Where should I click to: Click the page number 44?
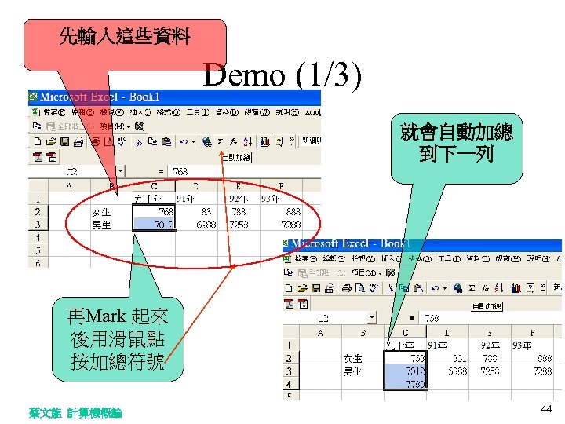click(x=546, y=410)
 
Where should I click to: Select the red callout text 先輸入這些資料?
click(x=125, y=36)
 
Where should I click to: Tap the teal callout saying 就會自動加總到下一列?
click(x=456, y=142)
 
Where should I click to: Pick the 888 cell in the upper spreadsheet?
click(x=293, y=211)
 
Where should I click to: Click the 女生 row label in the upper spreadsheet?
click(x=101, y=211)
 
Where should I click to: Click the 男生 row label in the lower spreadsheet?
click(x=352, y=371)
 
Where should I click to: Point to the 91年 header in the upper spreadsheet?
click(x=187, y=198)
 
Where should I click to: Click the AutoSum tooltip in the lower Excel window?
click(x=487, y=305)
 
